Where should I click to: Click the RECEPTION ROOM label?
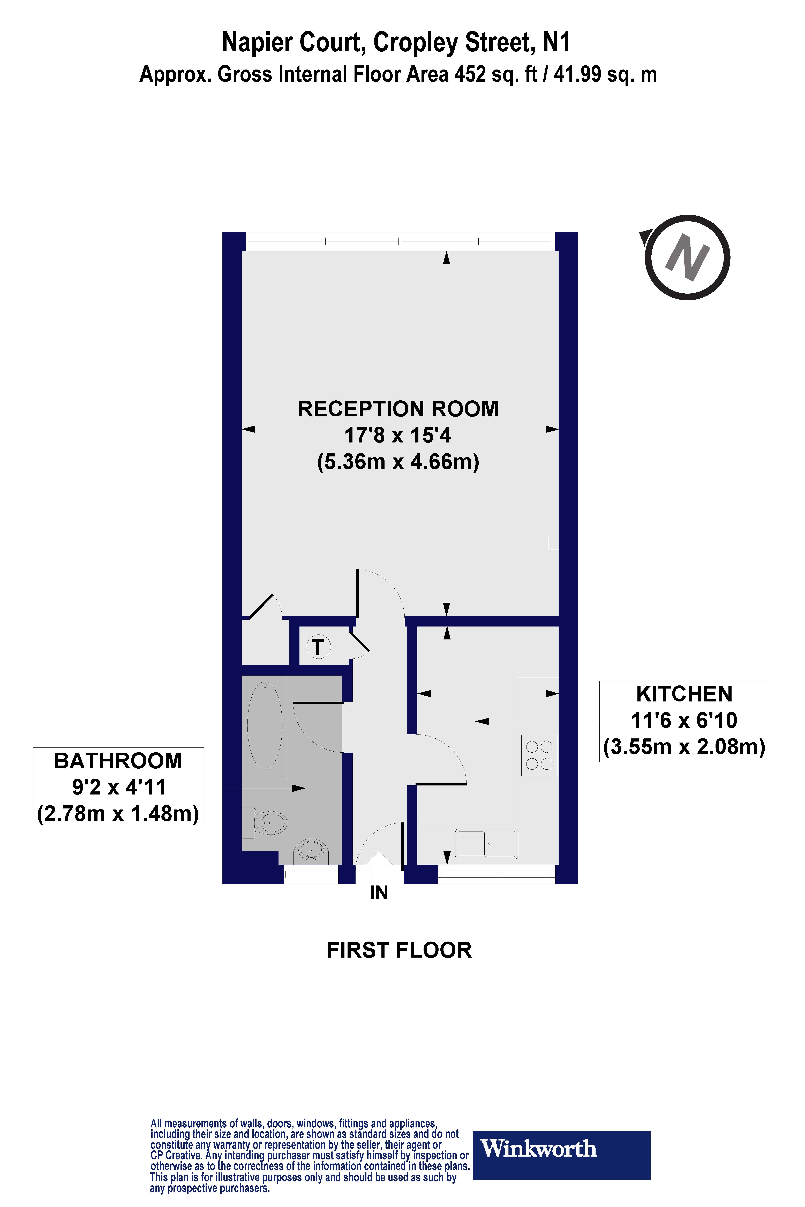pyautogui.click(x=398, y=409)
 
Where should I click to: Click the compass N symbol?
pyautogui.click(x=687, y=258)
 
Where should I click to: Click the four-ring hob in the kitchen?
pyautogui.click(x=539, y=755)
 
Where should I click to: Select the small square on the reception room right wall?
pyautogui.click(x=553, y=543)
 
